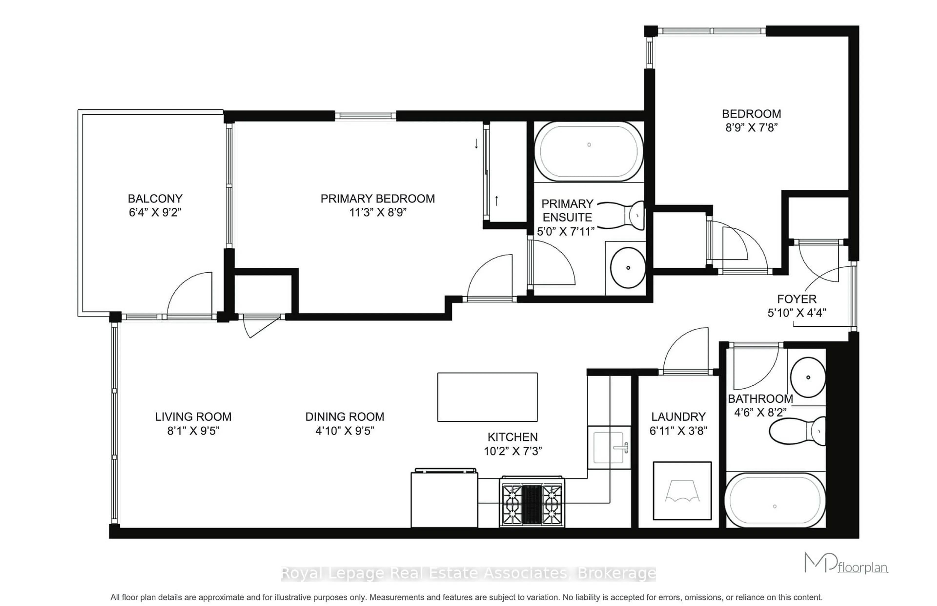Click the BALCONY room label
tap(155, 199)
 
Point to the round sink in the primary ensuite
tap(628, 268)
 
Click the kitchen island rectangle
tap(487, 397)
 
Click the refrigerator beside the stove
tap(444, 499)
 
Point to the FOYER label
tap(796, 299)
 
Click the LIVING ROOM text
tap(193, 417)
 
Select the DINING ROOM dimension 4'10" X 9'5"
tap(345, 431)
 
